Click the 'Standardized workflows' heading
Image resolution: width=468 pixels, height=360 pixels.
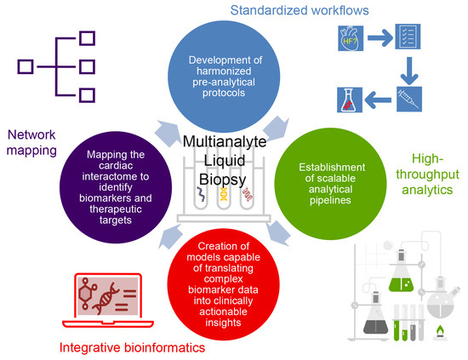coord(300,10)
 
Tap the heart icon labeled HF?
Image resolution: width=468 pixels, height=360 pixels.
coord(351,38)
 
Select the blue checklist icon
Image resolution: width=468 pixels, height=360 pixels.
coord(408,37)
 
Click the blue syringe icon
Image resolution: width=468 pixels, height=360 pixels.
coord(409,99)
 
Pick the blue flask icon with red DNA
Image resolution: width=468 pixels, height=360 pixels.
coord(350,100)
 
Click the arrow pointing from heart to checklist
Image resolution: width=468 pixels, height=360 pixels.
coord(380,38)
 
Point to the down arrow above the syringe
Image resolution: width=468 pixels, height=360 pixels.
coord(409,71)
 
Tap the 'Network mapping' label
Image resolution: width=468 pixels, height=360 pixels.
coord(31,143)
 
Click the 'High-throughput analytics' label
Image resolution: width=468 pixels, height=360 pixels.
coord(427,174)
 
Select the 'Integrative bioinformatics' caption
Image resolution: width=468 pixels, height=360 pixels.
coord(132,348)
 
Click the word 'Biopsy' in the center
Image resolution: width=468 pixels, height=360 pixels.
coord(223,180)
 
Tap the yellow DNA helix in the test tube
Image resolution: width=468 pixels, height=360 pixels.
coord(224,194)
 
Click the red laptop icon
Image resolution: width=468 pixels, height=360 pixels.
coord(108,300)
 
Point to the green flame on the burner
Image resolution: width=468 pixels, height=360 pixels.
coord(440,330)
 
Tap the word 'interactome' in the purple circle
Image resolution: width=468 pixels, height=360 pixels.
coord(116,176)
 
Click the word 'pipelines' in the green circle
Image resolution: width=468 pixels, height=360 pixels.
coord(330,200)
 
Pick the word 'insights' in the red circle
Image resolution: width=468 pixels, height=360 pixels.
coord(223,323)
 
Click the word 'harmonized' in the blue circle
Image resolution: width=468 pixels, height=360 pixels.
coord(224,71)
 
